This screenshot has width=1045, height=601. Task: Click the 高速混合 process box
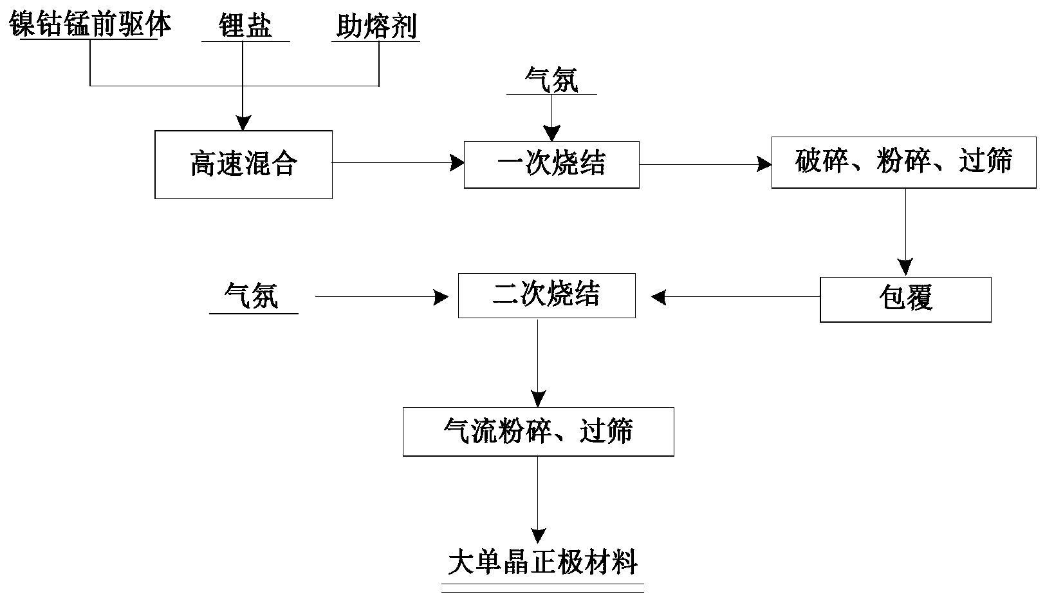coord(243,164)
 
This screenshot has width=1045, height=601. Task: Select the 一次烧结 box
coord(551,164)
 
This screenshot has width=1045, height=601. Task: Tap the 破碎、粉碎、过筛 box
coord(903,162)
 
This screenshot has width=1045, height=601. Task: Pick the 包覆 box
coord(905,300)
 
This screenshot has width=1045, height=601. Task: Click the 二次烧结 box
coord(546,296)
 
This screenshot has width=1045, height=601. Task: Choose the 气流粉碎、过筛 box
coord(538,432)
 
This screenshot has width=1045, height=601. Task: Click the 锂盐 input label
coord(245,26)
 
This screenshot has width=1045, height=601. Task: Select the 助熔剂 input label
coord(376,26)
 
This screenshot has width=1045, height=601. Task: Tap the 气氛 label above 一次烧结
coord(551,80)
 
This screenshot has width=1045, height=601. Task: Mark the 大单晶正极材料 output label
coord(542,562)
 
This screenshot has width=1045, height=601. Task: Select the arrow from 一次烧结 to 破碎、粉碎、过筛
coord(705,165)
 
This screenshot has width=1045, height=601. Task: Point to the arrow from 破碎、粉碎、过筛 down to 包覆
coord(905,232)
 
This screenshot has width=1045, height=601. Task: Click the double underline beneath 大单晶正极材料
coord(542,588)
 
